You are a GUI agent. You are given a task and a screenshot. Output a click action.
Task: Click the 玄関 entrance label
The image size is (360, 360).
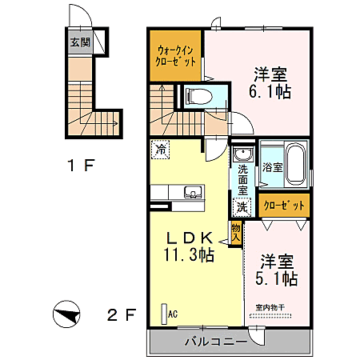point(78,43)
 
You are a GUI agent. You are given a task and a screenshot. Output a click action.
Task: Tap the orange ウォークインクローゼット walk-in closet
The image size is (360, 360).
point(176,55)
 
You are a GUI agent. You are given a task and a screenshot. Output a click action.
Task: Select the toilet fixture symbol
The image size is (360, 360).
point(195,98)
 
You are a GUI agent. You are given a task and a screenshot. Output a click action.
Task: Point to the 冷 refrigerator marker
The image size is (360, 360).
point(161,149)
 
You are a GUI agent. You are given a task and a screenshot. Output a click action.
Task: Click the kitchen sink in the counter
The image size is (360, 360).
point(191,191)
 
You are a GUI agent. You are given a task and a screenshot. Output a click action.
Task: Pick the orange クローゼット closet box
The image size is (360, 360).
point(284,206)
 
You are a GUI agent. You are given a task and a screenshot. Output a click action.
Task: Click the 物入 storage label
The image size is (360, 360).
point(236,232)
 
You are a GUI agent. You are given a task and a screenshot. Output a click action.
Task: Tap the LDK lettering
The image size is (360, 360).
point(189,238)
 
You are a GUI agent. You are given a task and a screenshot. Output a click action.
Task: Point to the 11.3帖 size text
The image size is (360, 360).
point(189,255)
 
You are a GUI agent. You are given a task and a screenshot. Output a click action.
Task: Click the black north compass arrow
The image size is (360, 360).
point(67,312)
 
